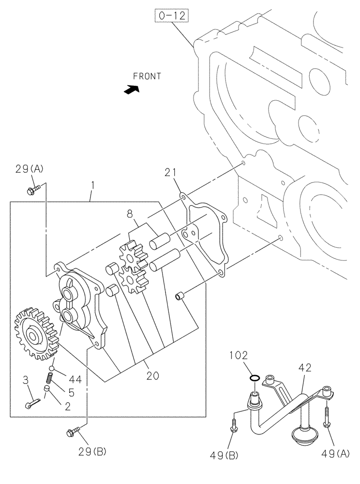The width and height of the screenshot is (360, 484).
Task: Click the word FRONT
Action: [x=147, y=76]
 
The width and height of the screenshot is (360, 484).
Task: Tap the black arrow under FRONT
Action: [x=131, y=89]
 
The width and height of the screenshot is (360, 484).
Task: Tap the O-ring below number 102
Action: [x=254, y=377]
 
